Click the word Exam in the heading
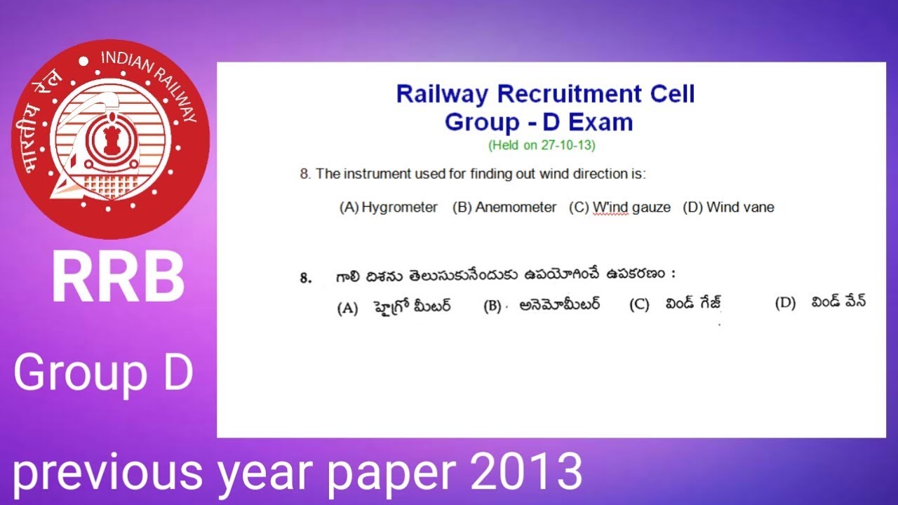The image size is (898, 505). click(601, 122)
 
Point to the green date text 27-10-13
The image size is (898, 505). click(568, 146)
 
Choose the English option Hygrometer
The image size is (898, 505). click(399, 208)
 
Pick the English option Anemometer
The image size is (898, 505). click(516, 208)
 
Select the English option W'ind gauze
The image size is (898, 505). click(631, 208)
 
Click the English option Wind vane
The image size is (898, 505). click(740, 208)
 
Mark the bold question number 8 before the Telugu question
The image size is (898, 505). click(305, 278)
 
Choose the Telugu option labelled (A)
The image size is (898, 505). click(412, 306)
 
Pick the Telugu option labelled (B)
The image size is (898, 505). click(560, 305)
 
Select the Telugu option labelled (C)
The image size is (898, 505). click(693, 304)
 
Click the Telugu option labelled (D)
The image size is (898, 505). click(838, 303)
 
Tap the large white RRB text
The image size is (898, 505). click(118, 278)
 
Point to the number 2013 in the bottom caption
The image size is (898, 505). click(526, 472)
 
